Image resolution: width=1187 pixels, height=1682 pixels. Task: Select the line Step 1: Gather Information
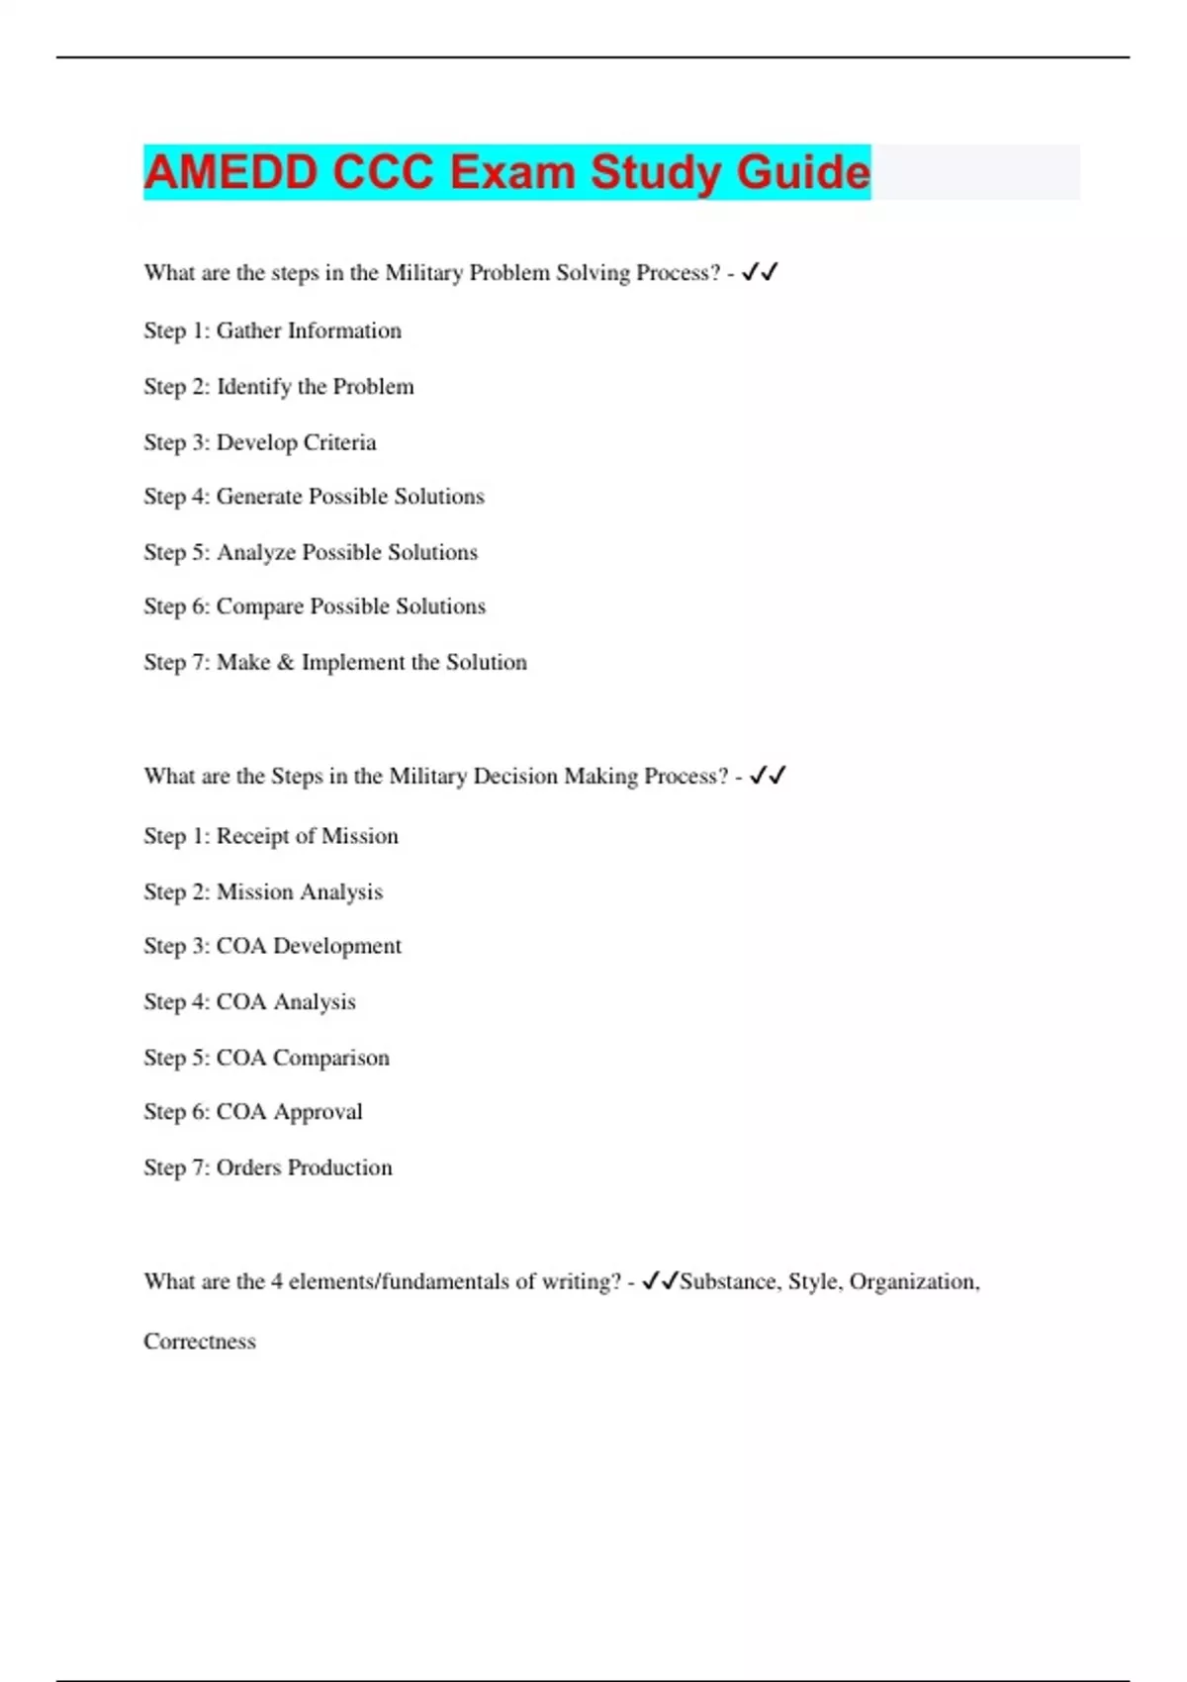point(272,330)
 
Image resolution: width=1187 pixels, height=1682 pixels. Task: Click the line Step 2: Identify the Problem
point(278,387)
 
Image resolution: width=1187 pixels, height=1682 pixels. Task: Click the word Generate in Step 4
point(259,497)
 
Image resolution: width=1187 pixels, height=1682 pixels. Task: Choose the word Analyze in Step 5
point(255,552)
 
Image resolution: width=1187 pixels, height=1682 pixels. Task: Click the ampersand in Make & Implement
point(286,662)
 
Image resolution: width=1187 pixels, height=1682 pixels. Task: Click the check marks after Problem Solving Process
point(760,272)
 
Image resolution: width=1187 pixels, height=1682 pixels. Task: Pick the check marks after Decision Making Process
point(768,776)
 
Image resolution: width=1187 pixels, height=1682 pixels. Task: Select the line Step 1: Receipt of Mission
point(270,836)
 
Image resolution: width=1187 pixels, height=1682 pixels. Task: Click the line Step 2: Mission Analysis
point(262,891)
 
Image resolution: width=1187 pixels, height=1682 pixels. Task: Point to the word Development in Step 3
point(337,946)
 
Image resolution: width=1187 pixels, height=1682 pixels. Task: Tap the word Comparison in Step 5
point(331,1058)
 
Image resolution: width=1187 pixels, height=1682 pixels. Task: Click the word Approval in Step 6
point(318,1112)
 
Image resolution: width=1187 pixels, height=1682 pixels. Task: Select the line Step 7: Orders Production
point(267,1168)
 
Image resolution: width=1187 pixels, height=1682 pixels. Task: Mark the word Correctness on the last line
point(200,1342)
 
